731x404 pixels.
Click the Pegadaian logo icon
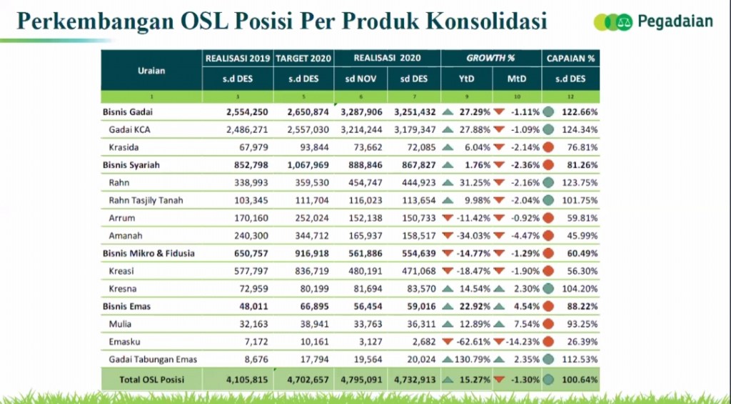(x=612, y=22)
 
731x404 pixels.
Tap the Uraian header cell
(x=151, y=70)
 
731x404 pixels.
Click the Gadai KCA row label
(x=130, y=129)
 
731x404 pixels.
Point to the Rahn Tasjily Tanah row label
(x=146, y=200)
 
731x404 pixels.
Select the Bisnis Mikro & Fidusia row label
(x=148, y=253)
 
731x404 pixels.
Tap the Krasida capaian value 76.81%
(x=579, y=147)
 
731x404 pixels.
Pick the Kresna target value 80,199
(x=310, y=289)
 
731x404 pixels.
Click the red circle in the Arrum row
(x=549, y=218)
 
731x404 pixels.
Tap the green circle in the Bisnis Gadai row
(x=549, y=112)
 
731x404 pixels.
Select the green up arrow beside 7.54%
(x=500, y=324)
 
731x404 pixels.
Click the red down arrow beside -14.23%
(x=498, y=342)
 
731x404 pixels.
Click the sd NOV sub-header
(x=361, y=79)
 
